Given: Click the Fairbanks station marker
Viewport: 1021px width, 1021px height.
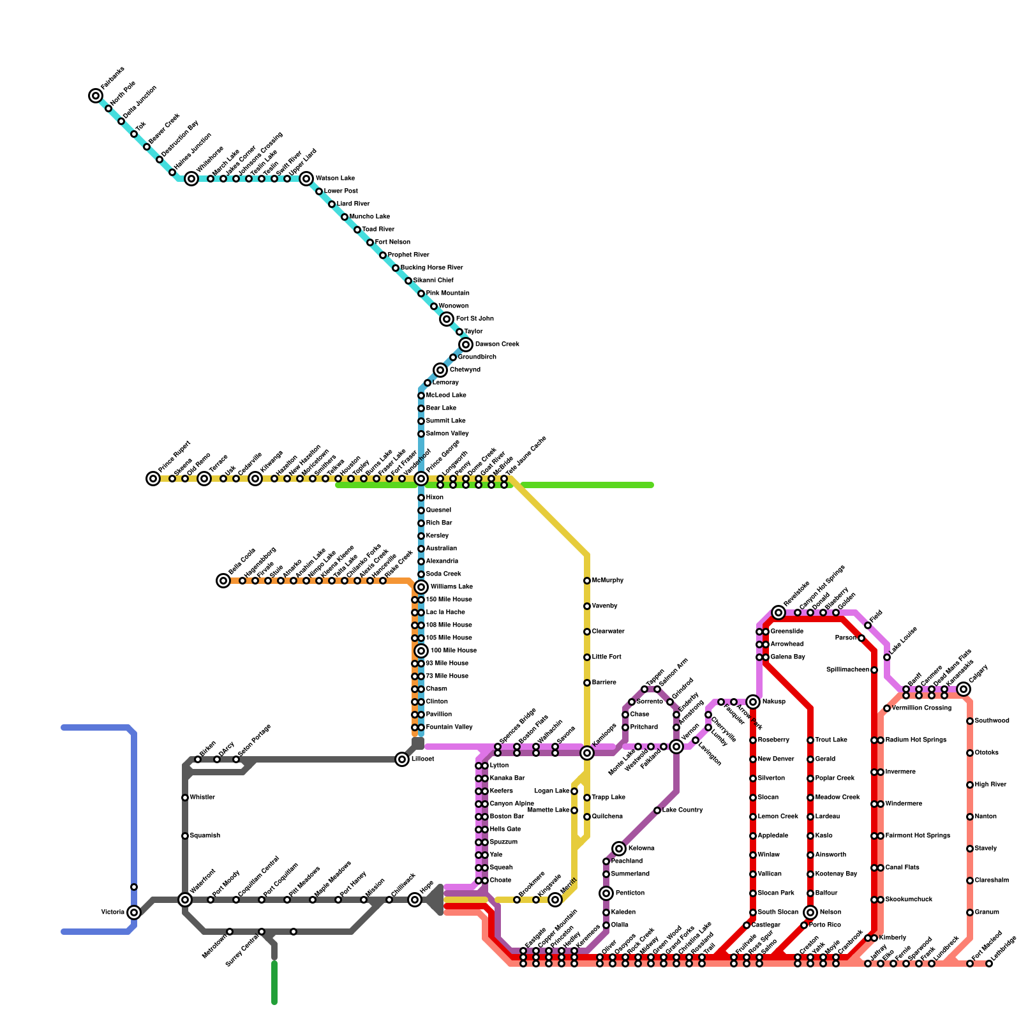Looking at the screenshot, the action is coord(96,96).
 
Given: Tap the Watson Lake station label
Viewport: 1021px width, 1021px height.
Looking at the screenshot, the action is coord(335,179).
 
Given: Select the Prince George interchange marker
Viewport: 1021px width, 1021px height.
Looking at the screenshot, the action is coord(421,479).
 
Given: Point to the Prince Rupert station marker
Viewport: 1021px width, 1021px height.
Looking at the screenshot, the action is coord(153,479).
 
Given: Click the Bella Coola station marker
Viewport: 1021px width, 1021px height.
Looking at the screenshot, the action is coord(223,581).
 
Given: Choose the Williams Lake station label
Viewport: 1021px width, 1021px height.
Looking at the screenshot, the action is coord(452,587).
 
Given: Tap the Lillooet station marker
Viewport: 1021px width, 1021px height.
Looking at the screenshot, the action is coord(402,759).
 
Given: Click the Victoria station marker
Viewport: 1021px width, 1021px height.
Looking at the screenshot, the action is coord(134,913).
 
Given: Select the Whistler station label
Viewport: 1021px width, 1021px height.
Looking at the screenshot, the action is coord(202,798).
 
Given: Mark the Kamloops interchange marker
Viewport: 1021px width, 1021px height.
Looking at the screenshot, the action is coord(587,753).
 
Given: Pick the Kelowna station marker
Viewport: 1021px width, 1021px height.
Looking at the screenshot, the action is coord(619,849).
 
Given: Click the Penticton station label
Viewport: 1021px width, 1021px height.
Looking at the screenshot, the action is coord(630,893).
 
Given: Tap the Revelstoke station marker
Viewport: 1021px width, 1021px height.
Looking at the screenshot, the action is coord(779,613).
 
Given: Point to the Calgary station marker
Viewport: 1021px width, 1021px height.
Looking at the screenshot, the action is coord(964,689).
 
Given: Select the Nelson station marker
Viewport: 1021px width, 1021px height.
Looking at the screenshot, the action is coord(810,913).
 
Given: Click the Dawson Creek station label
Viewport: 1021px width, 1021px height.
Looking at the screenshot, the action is coord(497,345).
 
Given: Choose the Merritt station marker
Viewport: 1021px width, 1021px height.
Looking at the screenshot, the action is coord(555,900).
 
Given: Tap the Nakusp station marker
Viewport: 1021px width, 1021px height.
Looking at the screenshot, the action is coord(753,702).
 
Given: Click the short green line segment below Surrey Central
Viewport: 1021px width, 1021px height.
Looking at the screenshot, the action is coord(274,983).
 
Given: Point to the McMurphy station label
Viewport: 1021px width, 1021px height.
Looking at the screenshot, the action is coord(607,581).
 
